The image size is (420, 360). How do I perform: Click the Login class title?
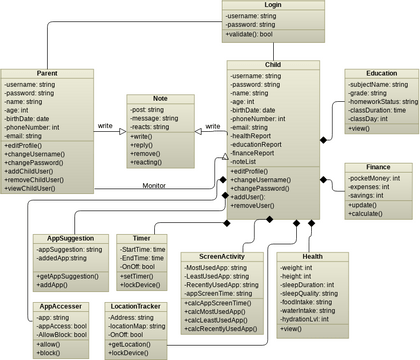click(273, 6)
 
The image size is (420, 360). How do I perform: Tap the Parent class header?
click(47, 73)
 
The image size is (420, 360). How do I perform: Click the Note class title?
click(159, 99)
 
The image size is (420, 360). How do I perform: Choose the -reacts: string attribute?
click(152, 127)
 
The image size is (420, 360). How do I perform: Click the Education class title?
click(381, 73)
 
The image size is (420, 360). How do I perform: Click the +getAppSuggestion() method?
click(66, 273)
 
